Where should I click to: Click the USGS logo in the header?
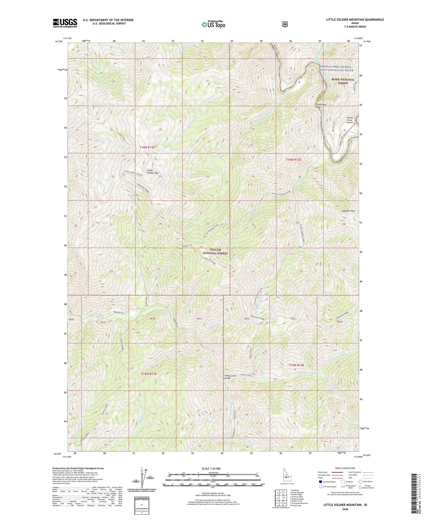[65, 23]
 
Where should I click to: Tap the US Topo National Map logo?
[213, 24]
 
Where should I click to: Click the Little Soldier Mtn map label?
[153, 172]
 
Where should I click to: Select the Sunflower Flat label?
[321, 106]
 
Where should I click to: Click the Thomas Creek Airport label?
[350, 120]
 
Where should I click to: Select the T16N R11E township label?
[148, 147]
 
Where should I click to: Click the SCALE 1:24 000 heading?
[211, 468]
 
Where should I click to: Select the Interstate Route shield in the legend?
[320, 482]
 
